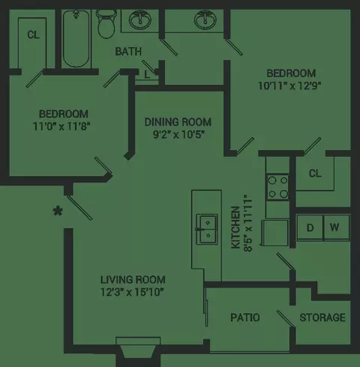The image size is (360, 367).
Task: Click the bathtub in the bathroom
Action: pos(76,39)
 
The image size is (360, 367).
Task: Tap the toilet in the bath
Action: pos(106,24)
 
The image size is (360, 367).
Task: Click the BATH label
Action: pos(128,52)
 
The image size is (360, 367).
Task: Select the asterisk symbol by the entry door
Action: pos(58,211)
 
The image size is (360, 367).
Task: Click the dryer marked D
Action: pos(310,227)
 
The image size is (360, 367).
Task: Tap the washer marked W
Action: pos(337,227)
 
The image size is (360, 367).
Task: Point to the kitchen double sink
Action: pos(207,229)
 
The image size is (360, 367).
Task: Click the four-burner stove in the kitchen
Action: pos(278,187)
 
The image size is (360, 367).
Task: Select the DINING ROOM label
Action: pos(178,122)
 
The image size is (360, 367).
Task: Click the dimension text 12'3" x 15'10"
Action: pos(132,292)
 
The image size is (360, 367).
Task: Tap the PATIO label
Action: pos(245,317)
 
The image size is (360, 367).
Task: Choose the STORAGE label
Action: pos(322,317)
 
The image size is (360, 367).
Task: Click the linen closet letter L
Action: pos(147,74)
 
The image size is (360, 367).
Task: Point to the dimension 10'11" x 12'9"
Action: pos(289,86)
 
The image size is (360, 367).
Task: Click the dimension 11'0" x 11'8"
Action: pos(61,126)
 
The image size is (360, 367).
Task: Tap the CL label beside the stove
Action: pos(315,173)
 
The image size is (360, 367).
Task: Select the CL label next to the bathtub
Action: pos(33,35)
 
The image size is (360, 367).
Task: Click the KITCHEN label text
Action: pos(235,227)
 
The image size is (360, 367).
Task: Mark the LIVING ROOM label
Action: pos(133,280)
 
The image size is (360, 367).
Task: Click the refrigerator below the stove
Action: pos(275,233)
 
